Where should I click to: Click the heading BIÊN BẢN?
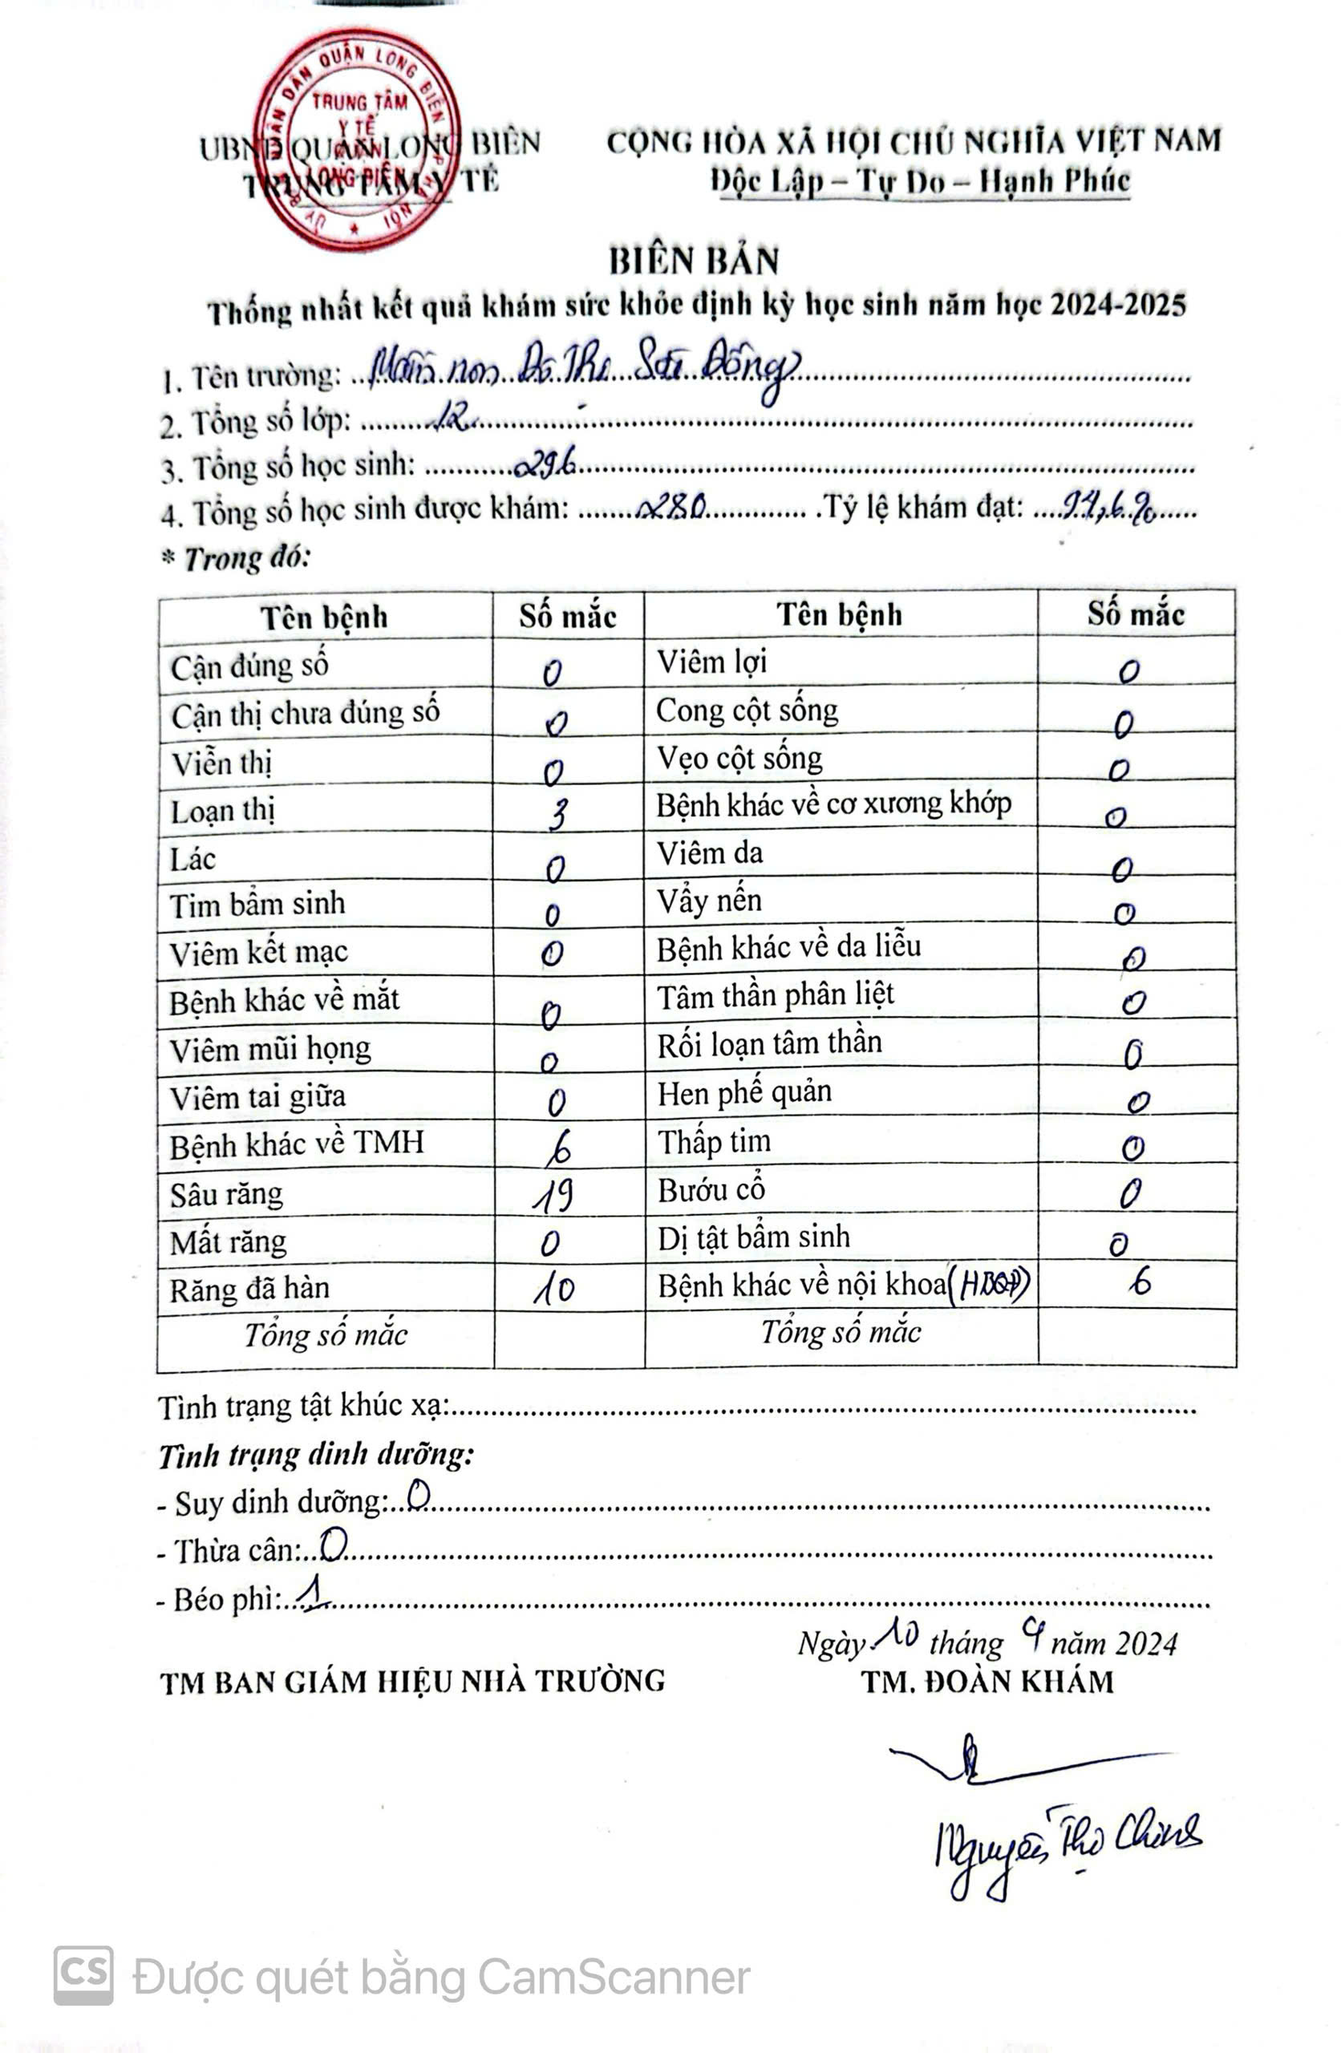694,261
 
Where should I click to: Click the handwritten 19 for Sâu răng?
553,1196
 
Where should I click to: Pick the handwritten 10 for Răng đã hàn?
553,1290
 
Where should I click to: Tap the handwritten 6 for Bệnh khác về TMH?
559,1148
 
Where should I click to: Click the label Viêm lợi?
711,662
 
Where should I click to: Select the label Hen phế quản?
743,1093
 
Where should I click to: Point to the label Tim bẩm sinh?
257,904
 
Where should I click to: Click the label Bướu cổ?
711,1190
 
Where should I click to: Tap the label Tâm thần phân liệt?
775,996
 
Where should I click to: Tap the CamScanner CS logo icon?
83,1976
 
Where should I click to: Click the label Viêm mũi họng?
270,1050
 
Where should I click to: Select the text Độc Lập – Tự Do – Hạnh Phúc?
920,181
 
